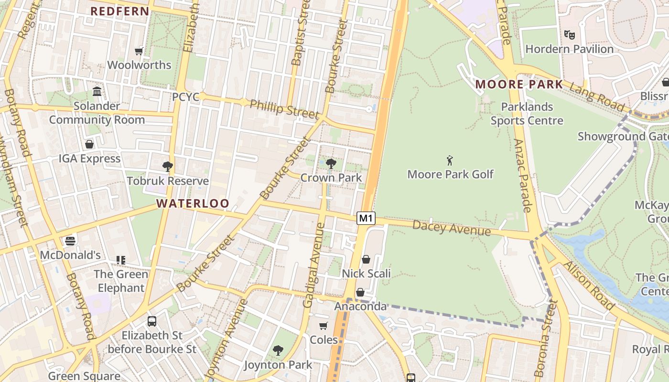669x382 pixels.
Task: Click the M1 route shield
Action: pyautogui.click(x=366, y=218)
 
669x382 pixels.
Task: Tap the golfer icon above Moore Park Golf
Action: pyautogui.click(x=450, y=160)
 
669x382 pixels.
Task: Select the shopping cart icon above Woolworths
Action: pyautogui.click(x=139, y=51)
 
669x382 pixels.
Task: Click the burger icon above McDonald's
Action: pyautogui.click(x=70, y=241)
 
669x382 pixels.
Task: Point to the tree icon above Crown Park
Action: pyautogui.click(x=331, y=164)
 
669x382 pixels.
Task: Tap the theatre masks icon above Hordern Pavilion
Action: pyautogui.click(x=569, y=35)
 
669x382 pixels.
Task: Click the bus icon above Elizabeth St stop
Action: pyautogui.click(x=152, y=321)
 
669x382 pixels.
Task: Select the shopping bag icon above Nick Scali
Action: pyautogui.click(x=366, y=259)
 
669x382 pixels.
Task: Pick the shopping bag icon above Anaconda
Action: pyautogui.click(x=360, y=292)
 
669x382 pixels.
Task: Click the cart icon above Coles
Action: pyautogui.click(x=324, y=326)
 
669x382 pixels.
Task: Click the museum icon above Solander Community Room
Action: pyautogui.click(x=97, y=91)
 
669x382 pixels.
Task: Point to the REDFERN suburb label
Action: pyautogui.click(x=120, y=11)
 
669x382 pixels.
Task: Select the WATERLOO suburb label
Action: pyautogui.click(x=193, y=203)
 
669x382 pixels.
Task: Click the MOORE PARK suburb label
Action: pyautogui.click(x=519, y=85)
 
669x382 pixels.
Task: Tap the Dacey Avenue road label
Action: pyautogui.click(x=451, y=228)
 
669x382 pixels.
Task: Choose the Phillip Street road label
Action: pyautogui.click(x=284, y=109)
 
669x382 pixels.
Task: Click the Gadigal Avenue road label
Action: pyautogui.click(x=314, y=265)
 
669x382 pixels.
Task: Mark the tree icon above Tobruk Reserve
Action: pyautogui.click(x=167, y=166)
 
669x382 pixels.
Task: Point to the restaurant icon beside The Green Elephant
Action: pyautogui.click(x=121, y=260)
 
